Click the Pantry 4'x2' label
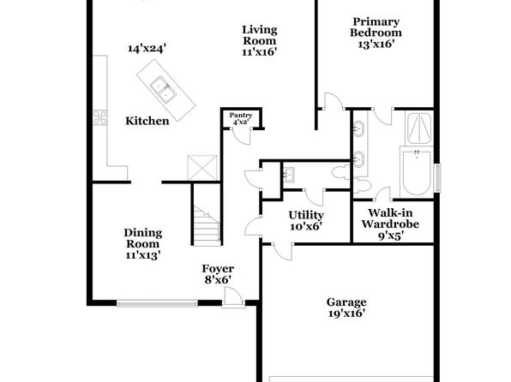click(x=241, y=119)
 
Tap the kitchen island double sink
click(x=163, y=90)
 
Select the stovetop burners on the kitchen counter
click(x=99, y=117)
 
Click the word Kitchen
click(x=147, y=121)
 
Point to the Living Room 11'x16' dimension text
click(x=260, y=52)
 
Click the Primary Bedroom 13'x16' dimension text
click(x=376, y=44)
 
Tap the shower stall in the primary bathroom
click(x=419, y=128)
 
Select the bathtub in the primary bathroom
click(x=418, y=172)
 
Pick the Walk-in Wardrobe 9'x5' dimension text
click(x=391, y=236)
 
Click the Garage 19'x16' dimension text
click(x=346, y=313)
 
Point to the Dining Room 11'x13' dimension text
click(x=143, y=255)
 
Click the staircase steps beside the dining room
click(x=207, y=225)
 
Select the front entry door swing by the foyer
click(x=232, y=296)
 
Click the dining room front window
click(x=157, y=304)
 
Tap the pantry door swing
click(x=241, y=136)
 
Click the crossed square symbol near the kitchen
click(x=202, y=168)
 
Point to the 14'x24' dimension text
click(x=147, y=49)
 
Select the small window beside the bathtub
click(x=438, y=177)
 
